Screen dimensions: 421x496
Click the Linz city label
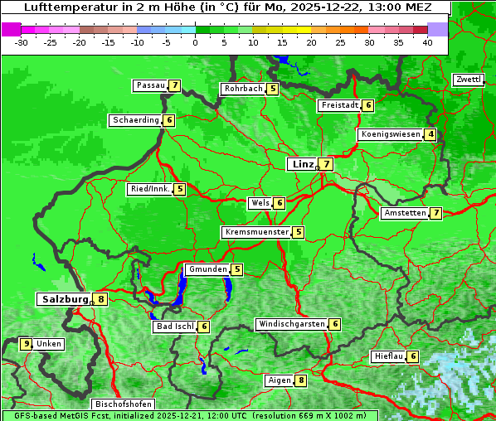click(302, 164)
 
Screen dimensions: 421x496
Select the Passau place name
click(150, 85)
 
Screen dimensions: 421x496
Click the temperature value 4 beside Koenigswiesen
click(430, 134)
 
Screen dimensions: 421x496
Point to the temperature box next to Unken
click(27, 344)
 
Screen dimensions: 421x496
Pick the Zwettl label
click(468, 80)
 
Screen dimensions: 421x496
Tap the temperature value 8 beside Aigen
click(300, 380)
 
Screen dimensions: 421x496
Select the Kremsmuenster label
click(256, 232)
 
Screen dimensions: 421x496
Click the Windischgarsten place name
click(291, 324)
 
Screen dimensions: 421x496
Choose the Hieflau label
click(389, 356)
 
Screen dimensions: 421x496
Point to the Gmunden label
click(207, 269)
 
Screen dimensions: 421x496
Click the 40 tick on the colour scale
click(427, 42)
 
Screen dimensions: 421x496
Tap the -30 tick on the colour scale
click(22, 42)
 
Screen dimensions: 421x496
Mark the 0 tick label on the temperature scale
click(196, 42)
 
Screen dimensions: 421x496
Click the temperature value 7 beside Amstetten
click(436, 213)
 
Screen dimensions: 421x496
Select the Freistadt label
click(339, 105)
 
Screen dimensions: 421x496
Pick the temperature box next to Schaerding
click(169, 120)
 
